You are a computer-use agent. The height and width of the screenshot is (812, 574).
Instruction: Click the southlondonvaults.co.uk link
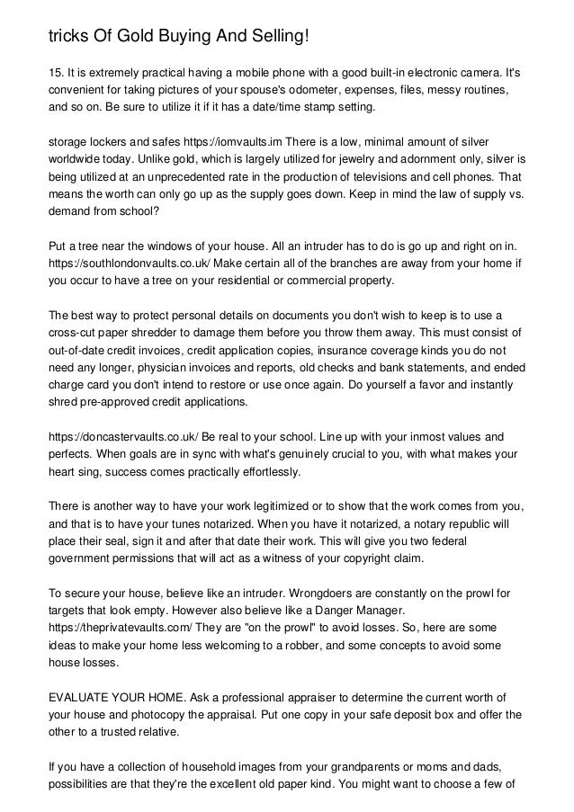(x=139, y=263)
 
